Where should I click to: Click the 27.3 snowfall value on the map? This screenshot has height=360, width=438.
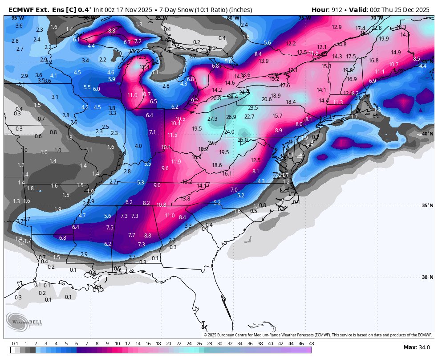212,119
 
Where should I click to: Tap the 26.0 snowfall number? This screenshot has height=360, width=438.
243,140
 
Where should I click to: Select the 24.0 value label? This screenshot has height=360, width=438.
229,132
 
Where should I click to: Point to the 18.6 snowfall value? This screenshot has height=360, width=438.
217,165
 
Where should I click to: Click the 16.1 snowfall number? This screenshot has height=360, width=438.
227,174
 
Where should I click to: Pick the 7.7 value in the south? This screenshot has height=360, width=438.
131,235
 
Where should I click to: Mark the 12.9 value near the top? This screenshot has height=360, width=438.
337,27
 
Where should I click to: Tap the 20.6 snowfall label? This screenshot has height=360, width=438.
267,99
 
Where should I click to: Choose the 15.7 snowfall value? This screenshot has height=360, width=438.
277,116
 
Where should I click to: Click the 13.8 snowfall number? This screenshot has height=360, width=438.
185,199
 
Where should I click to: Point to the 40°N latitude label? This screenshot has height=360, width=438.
427,134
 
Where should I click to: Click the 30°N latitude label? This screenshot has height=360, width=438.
427,277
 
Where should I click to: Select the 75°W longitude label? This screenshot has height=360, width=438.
304,18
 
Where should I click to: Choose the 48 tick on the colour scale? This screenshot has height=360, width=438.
311,344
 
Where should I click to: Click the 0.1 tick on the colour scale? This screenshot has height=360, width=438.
15,344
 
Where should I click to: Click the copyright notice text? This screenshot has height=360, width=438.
318,335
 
